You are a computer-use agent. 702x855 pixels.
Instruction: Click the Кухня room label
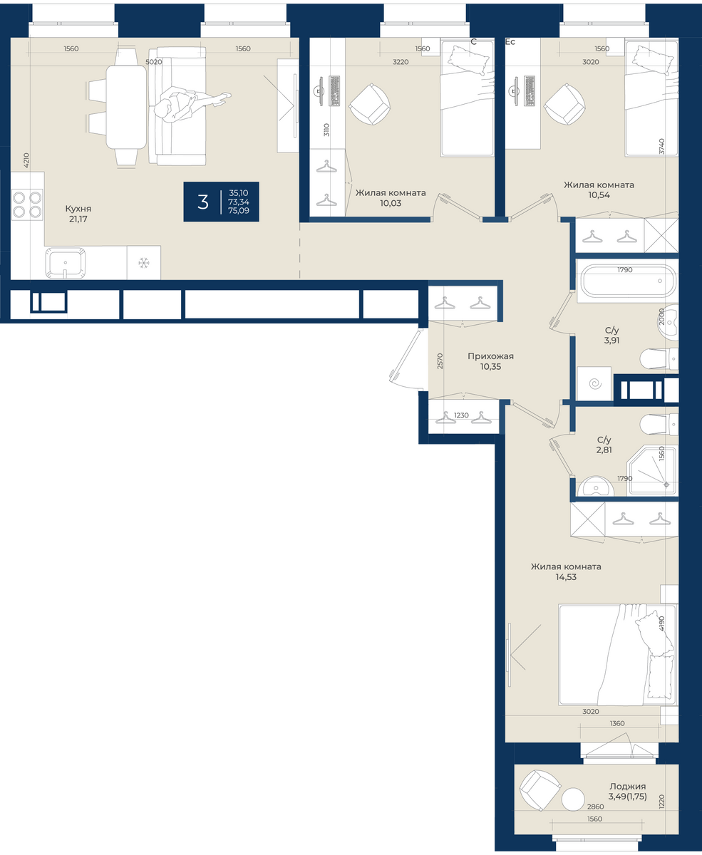click(78, 208)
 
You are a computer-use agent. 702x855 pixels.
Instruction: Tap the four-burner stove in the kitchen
click(27, 204)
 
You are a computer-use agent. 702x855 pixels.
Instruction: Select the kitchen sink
click(66, 263)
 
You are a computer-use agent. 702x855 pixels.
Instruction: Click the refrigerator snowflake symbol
click(143, 263)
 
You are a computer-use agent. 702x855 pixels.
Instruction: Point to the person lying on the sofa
click(190, 103)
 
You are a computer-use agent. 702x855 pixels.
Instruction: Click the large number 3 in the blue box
click(203, 202)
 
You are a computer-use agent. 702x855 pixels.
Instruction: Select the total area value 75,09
click(239, 211)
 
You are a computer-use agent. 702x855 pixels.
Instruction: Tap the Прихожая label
click(491, 356)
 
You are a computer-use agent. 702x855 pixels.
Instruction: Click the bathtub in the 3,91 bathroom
click(628, 281)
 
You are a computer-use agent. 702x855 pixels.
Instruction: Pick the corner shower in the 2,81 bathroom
click(653, 471)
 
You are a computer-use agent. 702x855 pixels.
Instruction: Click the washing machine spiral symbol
click(595, 383)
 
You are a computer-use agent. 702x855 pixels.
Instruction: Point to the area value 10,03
click(391, 203)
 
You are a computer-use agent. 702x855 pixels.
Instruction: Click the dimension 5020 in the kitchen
click(154, 62)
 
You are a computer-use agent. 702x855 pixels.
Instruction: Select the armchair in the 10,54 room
click(564, 104)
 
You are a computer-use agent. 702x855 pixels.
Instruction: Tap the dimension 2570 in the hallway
click(440, 361)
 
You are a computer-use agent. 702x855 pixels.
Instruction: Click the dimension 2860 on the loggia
click(595, 807)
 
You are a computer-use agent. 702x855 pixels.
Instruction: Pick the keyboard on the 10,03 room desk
click(335, 90)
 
